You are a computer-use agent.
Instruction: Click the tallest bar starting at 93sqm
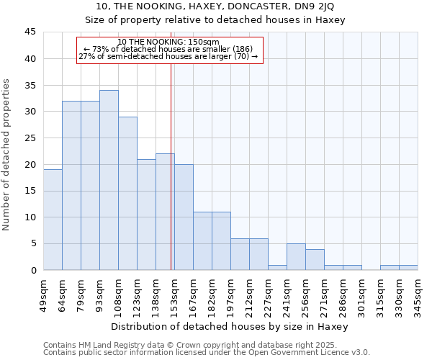[x=109, y=180]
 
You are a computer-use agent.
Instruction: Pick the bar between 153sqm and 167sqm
[x=184, y=217]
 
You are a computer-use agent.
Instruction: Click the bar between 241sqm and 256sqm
[x=296, y=256]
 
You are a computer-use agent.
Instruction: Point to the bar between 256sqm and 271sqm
[x=315, y=259]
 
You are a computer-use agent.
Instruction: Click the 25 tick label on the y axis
[x=30, y=138]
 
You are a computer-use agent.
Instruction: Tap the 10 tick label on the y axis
[x=30, y=217]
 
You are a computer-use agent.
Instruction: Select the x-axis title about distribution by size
[x=230, y=326]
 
